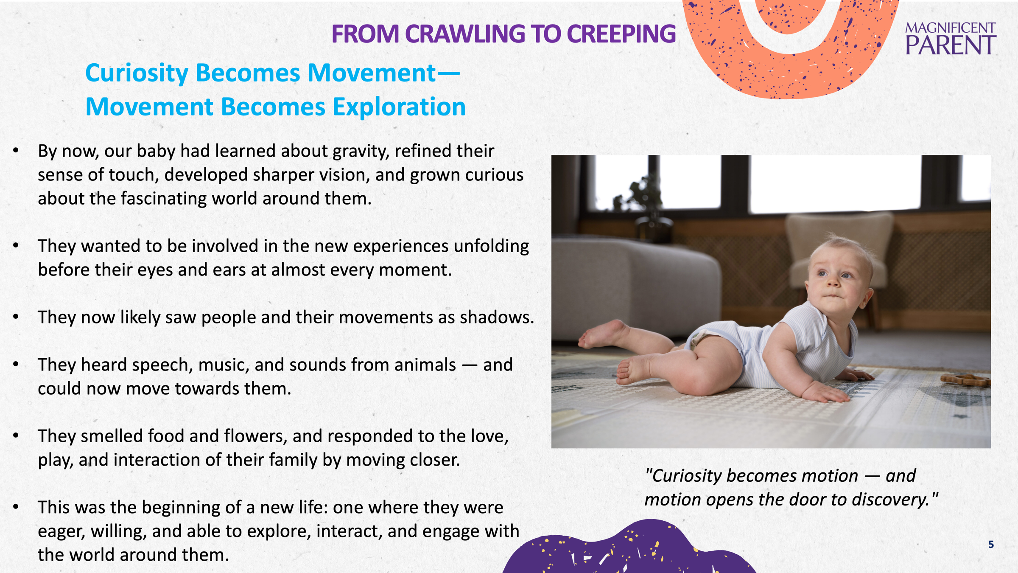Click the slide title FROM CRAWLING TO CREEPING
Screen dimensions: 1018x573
coord(503,34)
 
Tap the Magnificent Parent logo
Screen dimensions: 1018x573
coord(951,39)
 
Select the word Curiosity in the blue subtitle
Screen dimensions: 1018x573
coord(137,73)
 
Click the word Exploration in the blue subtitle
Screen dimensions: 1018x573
coord(399,107)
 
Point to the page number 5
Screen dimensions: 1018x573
coord(991,545)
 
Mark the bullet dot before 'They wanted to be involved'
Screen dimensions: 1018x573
coord(16,245)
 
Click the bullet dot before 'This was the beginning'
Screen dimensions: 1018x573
coord(16,506)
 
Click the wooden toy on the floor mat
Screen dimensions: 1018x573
coord(965,379)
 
